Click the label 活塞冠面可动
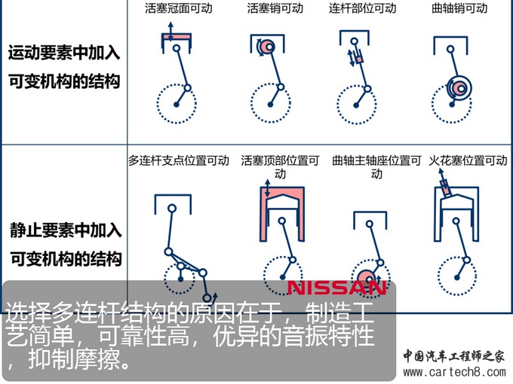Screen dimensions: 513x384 [179, 8]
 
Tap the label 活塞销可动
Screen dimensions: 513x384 [275, 8]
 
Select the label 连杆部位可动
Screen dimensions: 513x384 [363, 8]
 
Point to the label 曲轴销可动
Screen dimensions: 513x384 [459, 8]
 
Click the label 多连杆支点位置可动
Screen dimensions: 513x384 [179, 160]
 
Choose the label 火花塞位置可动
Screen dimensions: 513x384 [468, 160]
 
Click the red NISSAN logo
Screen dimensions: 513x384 [336, 288]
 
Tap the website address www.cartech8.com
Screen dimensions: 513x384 [454, 372]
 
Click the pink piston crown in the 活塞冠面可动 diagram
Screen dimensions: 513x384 [177, 38]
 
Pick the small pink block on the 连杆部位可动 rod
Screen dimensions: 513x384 [360, 59]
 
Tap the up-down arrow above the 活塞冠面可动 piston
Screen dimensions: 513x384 [170, 32]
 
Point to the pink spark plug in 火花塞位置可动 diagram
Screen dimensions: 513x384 [446, 189]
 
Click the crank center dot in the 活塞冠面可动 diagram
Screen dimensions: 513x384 [177, 105]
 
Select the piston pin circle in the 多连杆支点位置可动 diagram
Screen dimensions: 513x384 [172, 209]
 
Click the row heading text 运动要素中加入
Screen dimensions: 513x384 [64, 53]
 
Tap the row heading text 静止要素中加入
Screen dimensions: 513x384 [66, 230]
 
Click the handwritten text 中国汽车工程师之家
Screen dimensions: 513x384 [454, 356]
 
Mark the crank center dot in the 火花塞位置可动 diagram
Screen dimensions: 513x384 [457, 278]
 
